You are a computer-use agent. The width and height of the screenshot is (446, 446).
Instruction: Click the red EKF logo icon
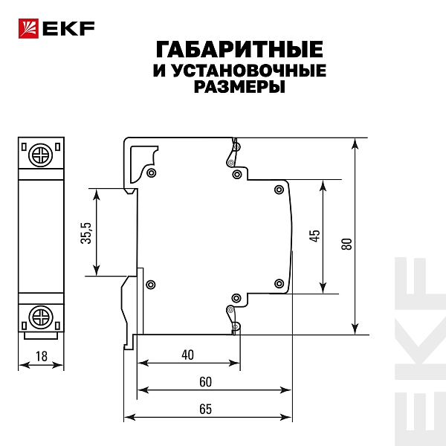pyautogui.click(x=28, y=28)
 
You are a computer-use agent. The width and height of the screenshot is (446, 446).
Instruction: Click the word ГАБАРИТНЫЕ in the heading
pyautogui.click(x=239, y=49)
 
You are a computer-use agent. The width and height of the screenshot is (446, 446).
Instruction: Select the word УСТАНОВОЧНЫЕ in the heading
pyautogui.click(x=249, y=71)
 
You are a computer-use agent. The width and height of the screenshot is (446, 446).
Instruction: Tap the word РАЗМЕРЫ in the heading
pyautogui.click(x=239, y=86)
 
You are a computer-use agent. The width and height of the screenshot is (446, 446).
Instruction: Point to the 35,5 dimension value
pyautogui.click(x=86, y=233)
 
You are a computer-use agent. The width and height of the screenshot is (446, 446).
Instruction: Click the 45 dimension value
pyautogui.click(x=314, y=236)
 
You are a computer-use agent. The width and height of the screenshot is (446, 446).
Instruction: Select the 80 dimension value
pyautogui.click(x=346, y=244)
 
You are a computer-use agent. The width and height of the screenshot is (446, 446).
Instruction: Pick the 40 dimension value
pyautogui.click(x=188, y=355)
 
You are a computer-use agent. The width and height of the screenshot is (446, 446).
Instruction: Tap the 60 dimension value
pyautogui.click(x=205, y=382)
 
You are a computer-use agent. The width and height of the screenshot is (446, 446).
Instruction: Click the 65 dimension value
pyautogui.click(x=205, y=409)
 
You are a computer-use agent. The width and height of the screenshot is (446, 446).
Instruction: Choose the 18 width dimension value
pyautogui.click(x=41, y=356)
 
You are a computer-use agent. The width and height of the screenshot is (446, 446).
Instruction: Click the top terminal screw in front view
pyautogui.click(x=41, y=155)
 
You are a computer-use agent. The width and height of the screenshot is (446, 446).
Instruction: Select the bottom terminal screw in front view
pyautogui.click(x=41, y=317)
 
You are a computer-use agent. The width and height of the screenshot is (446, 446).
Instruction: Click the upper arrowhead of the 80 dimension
pyautogui.click(x=355, y=144)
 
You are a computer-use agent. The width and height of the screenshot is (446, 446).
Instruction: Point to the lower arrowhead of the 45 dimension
pyautogui.click(x=323, y=287)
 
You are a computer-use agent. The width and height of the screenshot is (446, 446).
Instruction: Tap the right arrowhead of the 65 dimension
pyautogui.click(x=286, y=417)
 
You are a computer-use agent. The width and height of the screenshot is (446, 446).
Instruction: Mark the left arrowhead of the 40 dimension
pyautogui.click(x=143, y=363)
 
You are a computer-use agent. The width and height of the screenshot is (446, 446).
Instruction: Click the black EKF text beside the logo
pyautogui.click(x=68, y=29)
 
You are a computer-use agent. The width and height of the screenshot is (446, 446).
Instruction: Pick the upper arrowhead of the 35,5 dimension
pyautogui.click(x=97, y=195)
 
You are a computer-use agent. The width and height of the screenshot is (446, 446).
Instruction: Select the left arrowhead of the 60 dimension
pyautogui.click(x=143, y=390)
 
